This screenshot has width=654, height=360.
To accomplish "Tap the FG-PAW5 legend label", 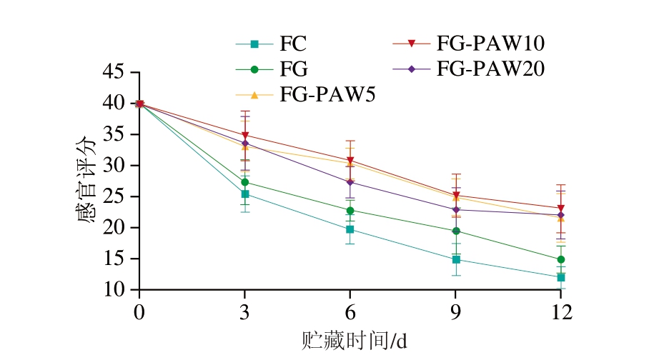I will [x=327, y=94].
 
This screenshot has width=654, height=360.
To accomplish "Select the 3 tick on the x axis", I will [x=245, y=311].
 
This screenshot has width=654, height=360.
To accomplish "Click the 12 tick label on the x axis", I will [x=561, y=311].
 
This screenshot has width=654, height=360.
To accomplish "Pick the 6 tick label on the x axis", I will [x=350, y=311].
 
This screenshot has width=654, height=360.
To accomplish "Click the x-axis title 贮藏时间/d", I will [x=353, y=341].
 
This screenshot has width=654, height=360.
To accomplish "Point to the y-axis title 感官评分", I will [x=85, y=180].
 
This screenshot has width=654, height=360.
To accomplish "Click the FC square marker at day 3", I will [x=245, y=194].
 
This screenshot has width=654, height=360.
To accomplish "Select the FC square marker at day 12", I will [x=561, y=277].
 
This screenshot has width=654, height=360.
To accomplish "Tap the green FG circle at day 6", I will [x=350, y=211].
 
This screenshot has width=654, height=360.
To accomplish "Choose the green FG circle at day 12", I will [x=561, y=259].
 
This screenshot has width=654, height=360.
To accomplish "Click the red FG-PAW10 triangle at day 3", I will [x=245, y=136].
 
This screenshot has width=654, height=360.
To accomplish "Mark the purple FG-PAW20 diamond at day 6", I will [x=350, y=182].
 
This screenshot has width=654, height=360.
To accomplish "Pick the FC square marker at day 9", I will [x=456, y=259].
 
